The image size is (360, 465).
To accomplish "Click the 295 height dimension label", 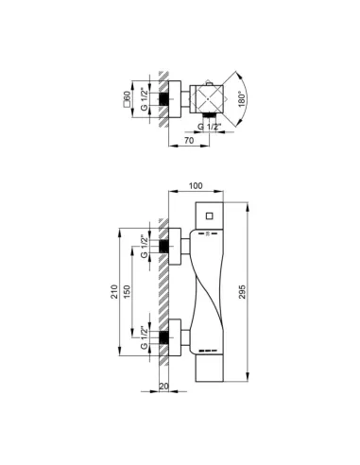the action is [242, 292].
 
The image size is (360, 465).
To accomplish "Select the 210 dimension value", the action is [114, 292].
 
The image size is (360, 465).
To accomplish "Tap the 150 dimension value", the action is [127, 292].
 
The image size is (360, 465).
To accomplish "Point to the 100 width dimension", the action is [196, 186].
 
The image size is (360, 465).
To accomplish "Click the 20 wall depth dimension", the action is [163, 387].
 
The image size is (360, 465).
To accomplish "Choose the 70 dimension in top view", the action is [189, 141].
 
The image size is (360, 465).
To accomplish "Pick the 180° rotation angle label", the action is [241, 99].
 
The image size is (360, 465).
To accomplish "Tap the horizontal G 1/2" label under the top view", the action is [209, 127].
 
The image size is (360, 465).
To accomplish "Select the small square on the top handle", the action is [210, 216].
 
